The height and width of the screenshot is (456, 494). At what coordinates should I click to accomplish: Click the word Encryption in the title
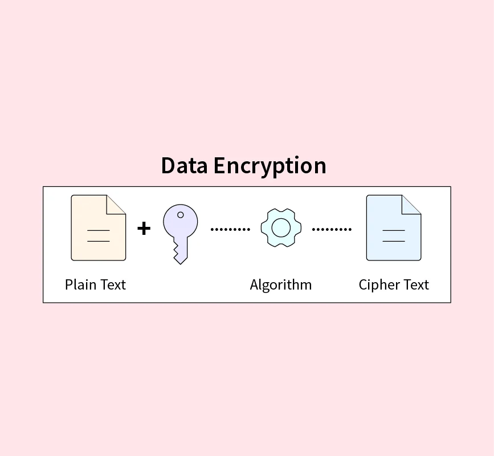coord(270,166)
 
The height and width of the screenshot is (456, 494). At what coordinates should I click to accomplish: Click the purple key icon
coord(180,228)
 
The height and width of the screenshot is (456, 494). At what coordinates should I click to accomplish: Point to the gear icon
coord(281,228)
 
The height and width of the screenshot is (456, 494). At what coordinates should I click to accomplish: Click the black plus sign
coord(144,229)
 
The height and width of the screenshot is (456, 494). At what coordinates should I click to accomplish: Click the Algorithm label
coord(281,284)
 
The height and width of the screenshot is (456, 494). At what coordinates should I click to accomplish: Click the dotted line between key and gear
coord(230,229)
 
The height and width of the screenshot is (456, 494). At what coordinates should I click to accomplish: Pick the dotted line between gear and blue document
coord(332,229)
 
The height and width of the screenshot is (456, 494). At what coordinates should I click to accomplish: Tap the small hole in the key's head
coord(181,215)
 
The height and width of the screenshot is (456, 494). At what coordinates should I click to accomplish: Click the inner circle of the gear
coord(281,228)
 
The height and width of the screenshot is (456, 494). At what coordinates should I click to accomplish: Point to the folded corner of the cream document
coord(117,204)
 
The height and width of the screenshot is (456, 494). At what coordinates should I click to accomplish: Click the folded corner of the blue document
coord(412,204)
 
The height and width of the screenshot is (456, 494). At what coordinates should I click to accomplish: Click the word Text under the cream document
coord(113,284)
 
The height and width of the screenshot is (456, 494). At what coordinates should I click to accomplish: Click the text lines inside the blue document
coord(393,235)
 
